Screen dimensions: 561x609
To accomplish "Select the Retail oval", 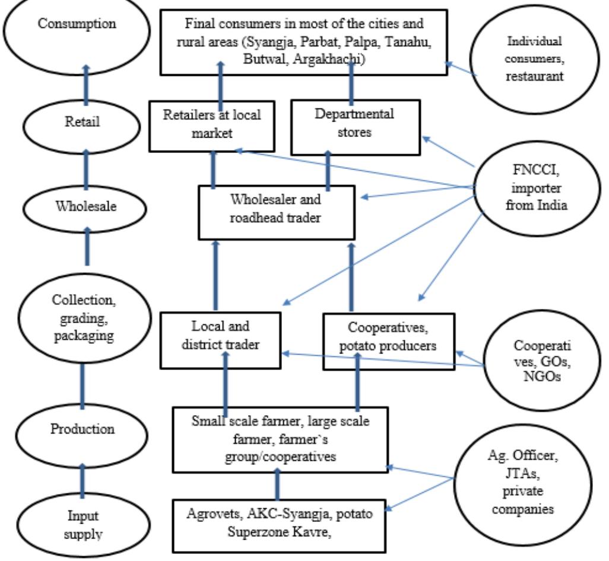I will pyautogui.click(x=84, y=122).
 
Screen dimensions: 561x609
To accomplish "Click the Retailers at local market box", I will pyautogui.click(x=213, y=123).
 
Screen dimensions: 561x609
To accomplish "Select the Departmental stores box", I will pyautogui.click(x=356, y=123).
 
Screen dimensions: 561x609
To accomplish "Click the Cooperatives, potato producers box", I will pyautogui.click(x=388, y=340).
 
